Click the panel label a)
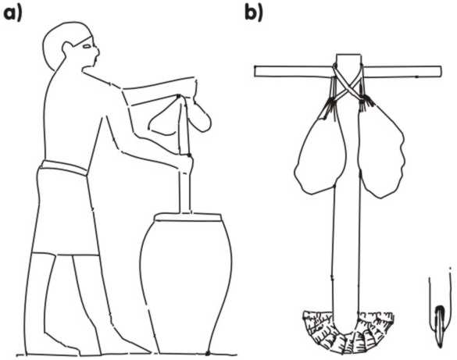[x=12, y=14]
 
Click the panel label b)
[x=254, y=13]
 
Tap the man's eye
[x=87, y=46]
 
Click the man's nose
[x=97, y=52]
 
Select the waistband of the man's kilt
[x=64, y=167]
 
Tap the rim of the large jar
[x=188, y=217]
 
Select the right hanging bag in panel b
[x=381, y=151]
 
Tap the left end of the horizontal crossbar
[x=255, y=72]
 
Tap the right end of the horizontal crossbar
[x=441, y=72]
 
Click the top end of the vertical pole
[x=349, y=55]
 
